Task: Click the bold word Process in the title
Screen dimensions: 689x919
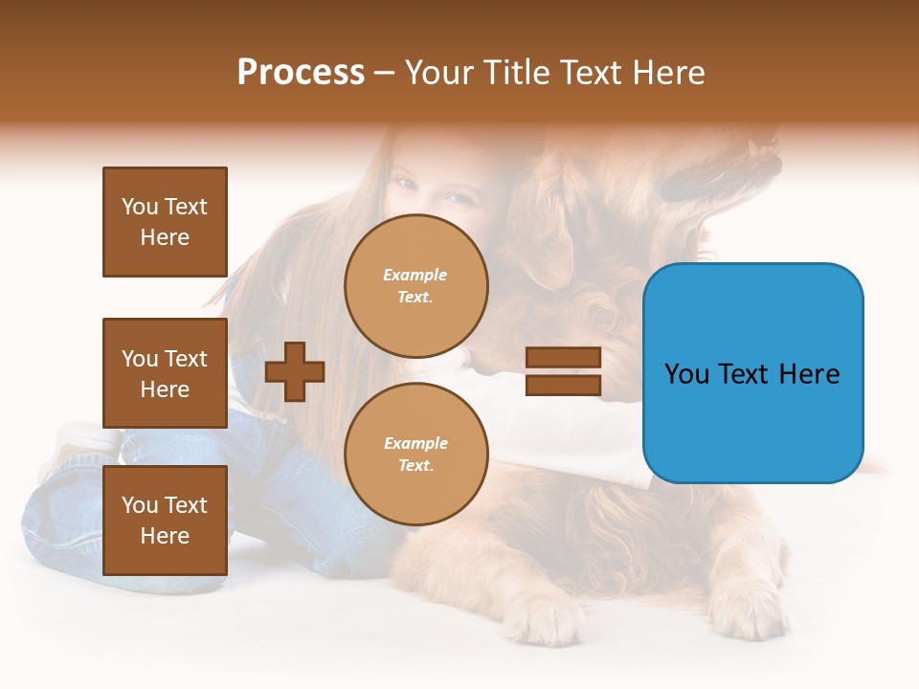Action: tap(301, 73)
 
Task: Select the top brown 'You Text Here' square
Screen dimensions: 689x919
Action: tap(165, 222)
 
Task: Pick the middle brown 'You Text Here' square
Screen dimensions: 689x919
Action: tap(165, 373)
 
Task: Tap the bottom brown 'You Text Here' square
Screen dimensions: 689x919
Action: tap(165, 521)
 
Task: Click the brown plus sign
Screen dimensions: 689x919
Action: tap(295, 371)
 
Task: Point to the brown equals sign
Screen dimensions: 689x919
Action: tap(563, 371)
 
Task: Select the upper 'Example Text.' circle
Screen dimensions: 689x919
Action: tap(416, 285)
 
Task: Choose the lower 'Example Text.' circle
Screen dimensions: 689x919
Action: tap(416, 454)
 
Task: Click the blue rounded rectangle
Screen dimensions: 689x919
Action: tap(752, 373)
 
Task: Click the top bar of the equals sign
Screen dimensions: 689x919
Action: tap(563, 358)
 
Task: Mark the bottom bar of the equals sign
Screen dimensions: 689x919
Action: tap(563, 385)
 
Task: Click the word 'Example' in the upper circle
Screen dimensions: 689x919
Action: tap(415, 275)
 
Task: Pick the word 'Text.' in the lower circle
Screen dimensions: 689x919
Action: tap(415, 465)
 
